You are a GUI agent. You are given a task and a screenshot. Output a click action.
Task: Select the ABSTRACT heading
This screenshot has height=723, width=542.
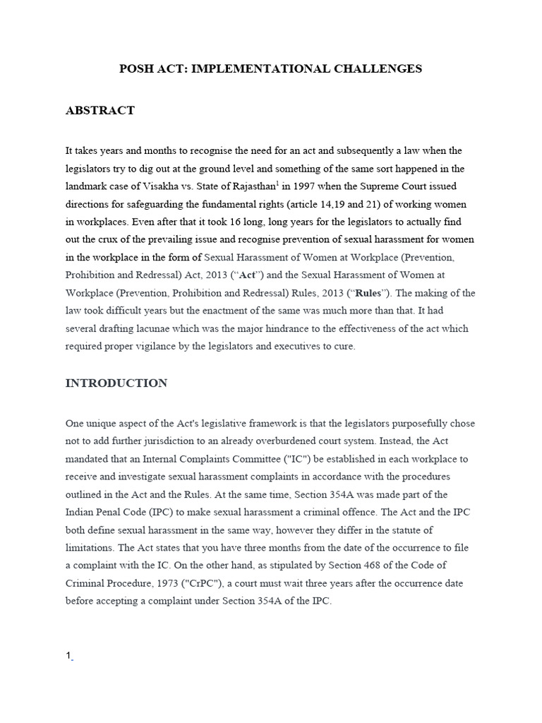100,111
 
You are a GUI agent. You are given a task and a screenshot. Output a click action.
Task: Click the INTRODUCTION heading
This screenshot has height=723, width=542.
116,383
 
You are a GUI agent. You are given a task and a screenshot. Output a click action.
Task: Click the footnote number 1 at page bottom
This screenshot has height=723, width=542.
68,657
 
